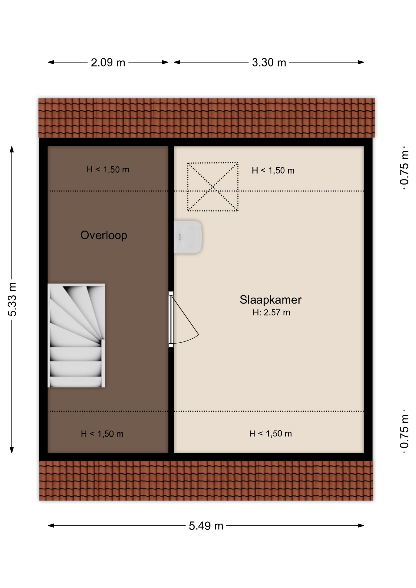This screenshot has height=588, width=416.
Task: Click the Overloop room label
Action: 104,235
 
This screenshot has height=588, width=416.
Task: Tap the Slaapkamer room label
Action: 270,300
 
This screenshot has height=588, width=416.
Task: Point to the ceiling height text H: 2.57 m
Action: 271,313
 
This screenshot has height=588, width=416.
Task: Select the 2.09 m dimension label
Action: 108,62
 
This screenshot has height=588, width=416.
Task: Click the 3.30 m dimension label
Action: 269,62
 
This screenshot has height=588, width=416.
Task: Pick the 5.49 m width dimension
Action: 206,526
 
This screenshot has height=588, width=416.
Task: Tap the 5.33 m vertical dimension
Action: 12,299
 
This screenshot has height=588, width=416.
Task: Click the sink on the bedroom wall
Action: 187,237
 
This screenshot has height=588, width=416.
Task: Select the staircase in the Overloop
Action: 76,335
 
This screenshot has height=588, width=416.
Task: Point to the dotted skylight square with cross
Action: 213,187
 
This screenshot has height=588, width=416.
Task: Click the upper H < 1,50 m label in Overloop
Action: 108,169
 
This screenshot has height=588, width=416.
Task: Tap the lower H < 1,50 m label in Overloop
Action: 102,434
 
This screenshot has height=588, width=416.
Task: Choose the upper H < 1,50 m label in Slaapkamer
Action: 273,171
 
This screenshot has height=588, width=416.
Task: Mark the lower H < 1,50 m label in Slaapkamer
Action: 270,434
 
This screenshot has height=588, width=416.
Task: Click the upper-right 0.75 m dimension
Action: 404,168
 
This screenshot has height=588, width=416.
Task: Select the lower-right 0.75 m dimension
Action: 404,432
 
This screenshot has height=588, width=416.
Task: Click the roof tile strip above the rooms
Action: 206,118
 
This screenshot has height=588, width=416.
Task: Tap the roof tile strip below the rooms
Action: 206,481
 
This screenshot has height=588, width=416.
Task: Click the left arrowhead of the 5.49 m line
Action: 51,526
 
